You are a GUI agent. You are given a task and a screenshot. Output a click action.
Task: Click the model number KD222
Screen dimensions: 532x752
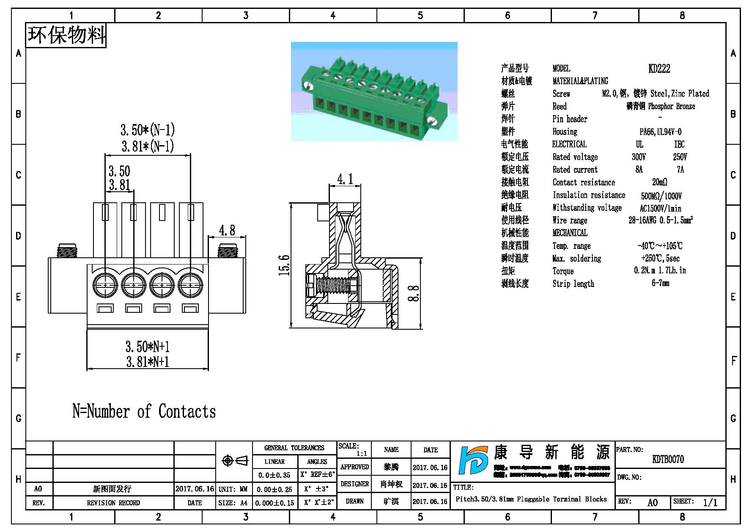point(659,69)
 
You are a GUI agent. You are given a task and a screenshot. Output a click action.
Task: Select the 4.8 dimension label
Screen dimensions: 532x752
point(227,230)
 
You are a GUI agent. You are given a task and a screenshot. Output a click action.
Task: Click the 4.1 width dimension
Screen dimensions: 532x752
point(345,179)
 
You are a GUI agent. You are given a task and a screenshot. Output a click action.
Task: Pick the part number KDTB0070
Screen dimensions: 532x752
point(668,459)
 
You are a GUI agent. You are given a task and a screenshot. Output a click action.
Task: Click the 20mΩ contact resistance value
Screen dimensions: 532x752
point(659,182)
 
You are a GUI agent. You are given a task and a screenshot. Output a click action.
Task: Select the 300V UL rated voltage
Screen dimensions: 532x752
point(639,157)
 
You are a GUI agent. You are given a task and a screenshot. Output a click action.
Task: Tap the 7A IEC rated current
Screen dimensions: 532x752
point(680,170)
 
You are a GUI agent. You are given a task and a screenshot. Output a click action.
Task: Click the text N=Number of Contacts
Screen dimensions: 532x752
point(144,411)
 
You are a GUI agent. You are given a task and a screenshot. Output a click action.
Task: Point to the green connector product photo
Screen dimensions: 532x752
point(374,91)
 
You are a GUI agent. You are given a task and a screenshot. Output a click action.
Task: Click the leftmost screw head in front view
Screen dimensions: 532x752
point(105,285)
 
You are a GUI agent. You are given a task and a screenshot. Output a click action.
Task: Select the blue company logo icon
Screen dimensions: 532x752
point(473,466)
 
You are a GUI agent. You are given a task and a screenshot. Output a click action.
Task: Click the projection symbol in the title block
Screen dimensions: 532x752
point(235,460)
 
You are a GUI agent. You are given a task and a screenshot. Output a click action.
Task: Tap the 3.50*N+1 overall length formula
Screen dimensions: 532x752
point(148,347)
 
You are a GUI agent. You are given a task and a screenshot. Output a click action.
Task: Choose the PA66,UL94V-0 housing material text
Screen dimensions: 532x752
point(660,132)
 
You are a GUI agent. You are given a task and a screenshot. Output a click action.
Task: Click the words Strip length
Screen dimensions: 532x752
point(573,284)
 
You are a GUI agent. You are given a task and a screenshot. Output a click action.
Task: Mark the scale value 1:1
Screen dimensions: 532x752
point(362,454)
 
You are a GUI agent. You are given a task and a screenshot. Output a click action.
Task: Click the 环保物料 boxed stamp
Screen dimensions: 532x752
point(66,35)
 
